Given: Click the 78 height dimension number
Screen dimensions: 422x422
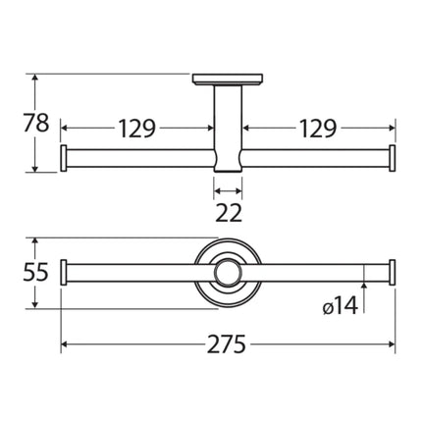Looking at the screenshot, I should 37,124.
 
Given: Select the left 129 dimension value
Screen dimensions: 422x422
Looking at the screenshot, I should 137,128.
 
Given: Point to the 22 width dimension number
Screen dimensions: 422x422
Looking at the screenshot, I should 229,212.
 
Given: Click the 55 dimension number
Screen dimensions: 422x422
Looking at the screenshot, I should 36,274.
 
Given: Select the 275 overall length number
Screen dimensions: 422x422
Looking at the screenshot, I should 227,344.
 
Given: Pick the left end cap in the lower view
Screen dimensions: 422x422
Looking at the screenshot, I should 65,274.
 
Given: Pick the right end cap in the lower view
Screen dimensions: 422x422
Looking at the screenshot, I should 393,274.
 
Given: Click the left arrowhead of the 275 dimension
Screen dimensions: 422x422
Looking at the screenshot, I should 68,344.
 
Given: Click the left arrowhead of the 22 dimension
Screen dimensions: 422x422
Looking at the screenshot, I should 217,191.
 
